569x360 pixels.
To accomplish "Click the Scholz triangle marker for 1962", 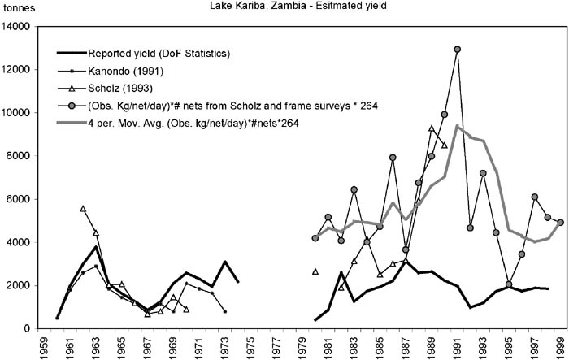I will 83,209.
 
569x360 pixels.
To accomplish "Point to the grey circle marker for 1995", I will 509,284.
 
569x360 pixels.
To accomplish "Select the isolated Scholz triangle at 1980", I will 315,271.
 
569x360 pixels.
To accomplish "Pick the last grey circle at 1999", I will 561,222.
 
